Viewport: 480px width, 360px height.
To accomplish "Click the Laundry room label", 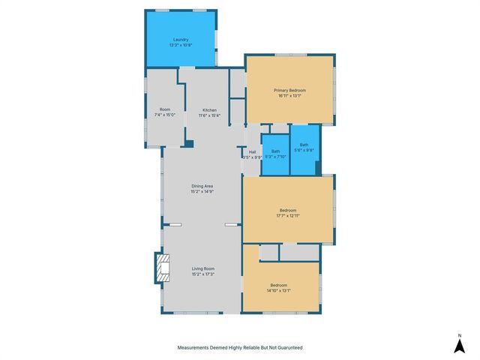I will coord(180,40).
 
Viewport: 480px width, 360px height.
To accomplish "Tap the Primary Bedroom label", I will coord(289,90).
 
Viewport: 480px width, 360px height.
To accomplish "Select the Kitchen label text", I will coord(209,110).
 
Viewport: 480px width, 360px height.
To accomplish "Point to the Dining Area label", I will coord(202,186).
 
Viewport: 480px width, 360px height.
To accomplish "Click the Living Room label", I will coord(202,268).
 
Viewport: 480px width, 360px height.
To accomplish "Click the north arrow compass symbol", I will coord(459,345).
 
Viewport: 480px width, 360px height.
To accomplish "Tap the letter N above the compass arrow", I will coord(459,334).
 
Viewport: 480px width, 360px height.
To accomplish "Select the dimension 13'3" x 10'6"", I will coord(180,45).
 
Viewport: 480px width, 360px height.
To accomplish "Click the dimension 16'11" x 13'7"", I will coord(289,95).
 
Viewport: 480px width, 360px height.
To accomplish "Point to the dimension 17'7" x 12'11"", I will coord(288,215).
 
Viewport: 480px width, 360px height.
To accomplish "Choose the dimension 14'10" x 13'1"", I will coord(279,290).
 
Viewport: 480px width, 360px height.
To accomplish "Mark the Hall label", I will coord(252,152).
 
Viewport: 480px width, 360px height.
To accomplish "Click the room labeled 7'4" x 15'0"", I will coord(165,110).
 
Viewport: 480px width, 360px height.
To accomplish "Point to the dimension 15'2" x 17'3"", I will coord(202,274).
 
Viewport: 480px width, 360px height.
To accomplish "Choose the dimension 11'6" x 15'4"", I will coord(209,115).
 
